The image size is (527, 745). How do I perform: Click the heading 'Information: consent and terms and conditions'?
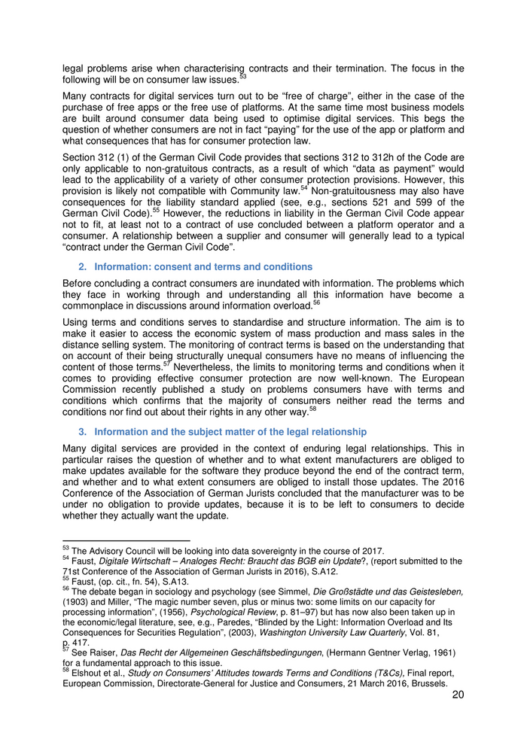203,267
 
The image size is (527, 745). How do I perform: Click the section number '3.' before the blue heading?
84,432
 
